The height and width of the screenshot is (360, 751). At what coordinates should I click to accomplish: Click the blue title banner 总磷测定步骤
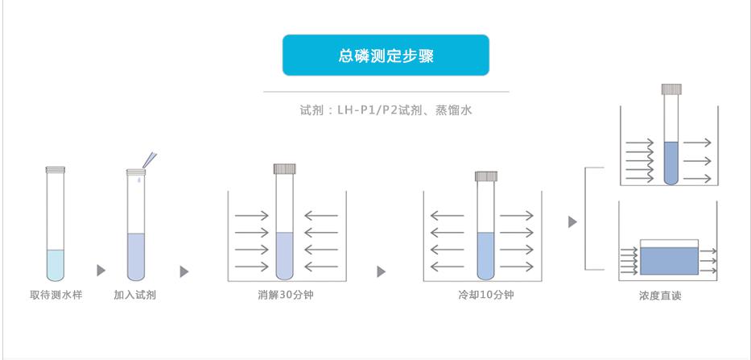pyautogui.click(x=386, y=55)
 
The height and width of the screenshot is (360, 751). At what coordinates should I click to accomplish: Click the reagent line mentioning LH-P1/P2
pyautogui.click(x=386, y=110)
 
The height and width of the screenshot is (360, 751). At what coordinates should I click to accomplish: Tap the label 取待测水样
pyautogui.click(x=56, y=295)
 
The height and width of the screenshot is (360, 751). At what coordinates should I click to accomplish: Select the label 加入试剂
pyautogui.click(x=135, y=295)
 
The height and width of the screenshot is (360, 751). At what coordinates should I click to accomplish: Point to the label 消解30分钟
pyautogui.click(x=286, y=295)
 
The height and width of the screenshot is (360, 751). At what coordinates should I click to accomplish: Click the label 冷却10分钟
pyautogui.click(x=485, y=295)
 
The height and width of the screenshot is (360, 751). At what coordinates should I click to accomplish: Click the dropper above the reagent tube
pyautogui.click(x=149, y=159)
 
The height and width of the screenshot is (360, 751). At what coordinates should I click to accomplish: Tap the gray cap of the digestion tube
pyautogui.click(x=284, y=169)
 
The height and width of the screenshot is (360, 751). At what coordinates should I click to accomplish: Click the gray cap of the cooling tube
pyautogui.click(x=486, y=176)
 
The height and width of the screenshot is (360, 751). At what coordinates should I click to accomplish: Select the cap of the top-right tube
pyautogui.click(x=671, y=89)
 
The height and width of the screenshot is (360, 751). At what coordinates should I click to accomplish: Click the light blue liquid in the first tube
pyautogui.click(x=56, y=265)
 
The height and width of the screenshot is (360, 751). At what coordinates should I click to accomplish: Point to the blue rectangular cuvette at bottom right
pyautogui.click(x=669, y=261)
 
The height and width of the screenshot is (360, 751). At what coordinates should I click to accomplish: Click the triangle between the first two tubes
pyautogui.click(x=101, y=271)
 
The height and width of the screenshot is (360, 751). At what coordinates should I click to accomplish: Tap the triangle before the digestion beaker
pyautogui.click(x=184, y=271)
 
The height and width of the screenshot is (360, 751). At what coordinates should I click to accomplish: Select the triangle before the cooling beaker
pyautogui.click(x=382, y=271)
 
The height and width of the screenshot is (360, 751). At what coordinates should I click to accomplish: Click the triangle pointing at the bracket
pyautogui.click(x=573, y=222)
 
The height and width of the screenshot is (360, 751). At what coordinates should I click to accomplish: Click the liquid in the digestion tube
pyautogui.click(x=284, y=256)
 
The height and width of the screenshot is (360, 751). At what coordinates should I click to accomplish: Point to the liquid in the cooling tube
pyautogui.click(x=485, y=256)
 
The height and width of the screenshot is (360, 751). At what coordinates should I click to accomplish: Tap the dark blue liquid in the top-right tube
pyautogui.click(x=671, y=163)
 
